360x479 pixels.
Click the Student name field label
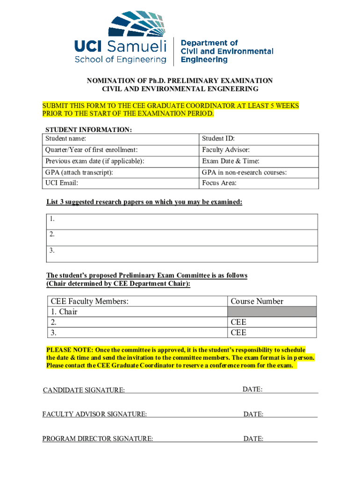point(65,138)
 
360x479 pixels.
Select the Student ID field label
point(218,138)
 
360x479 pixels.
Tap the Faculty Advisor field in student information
point(226,150)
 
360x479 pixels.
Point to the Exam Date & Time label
point(230,161)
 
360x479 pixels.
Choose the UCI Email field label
point(62,183)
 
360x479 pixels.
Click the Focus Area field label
point(219,183)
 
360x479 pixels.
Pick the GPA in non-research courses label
point(244,173)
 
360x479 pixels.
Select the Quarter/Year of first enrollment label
point(91,150)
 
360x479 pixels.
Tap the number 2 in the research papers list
point(52,234)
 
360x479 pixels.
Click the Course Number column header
point(257,302)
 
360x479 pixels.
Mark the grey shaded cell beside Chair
point(272,312)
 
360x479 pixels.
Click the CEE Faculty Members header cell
point(89,302)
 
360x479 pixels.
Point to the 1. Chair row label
point(64,312)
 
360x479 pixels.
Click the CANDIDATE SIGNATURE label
point(84,390)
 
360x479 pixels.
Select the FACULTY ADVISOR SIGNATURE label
point(94,414)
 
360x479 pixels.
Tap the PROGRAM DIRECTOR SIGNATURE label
point(97,439)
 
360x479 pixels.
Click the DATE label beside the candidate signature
point(252,390)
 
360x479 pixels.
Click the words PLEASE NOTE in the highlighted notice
point(69,350)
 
